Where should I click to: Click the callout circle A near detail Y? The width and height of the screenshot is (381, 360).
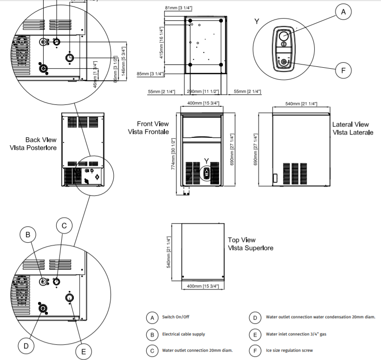[343, 12]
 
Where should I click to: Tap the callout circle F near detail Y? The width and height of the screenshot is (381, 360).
[343, 71]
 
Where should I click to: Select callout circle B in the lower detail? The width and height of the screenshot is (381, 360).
[28, 235]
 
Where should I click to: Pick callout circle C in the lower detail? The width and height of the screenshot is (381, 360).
[64, 226]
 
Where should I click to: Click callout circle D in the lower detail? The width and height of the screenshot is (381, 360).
[26, 345]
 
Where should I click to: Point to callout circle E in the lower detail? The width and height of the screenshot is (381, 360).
[84, 351]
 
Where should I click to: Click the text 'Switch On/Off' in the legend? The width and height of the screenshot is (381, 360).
[176, 317]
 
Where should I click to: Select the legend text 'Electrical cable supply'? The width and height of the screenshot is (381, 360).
[183, 334]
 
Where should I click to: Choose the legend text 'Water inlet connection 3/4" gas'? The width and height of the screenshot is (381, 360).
[296, 334]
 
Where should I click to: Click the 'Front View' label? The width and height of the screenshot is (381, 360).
[153, 124]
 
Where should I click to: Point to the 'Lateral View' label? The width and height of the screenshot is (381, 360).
[350, 124]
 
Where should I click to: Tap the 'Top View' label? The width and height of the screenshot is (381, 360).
[241, 240]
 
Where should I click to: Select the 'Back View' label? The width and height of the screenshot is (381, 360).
[41, 140]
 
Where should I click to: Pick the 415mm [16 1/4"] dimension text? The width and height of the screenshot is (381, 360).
[161, 41]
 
